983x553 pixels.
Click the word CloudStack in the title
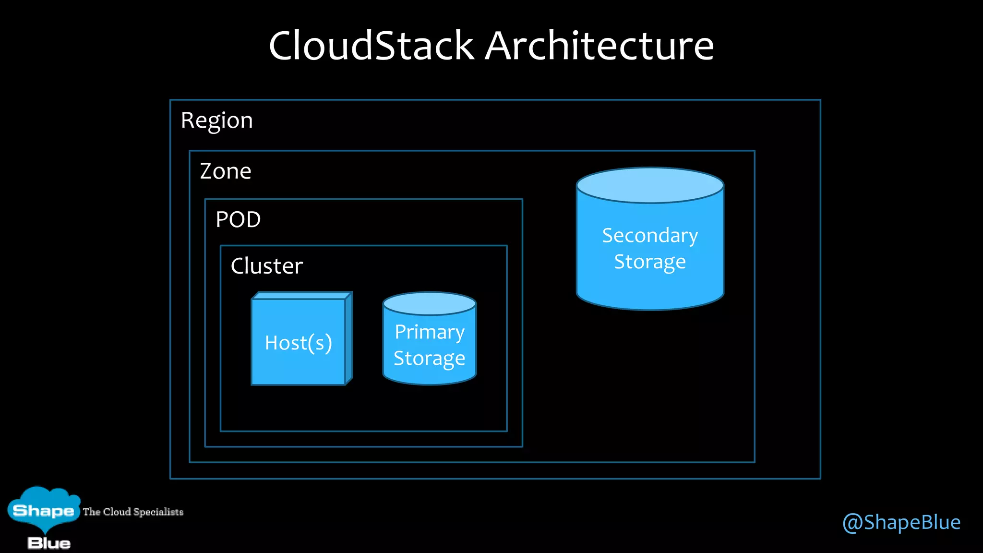(371, 46)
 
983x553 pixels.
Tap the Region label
(216, 120)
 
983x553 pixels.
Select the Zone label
(225, 171)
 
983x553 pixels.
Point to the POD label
(238, 220)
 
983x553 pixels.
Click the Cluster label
(266, 266)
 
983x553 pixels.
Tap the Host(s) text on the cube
(298, 343)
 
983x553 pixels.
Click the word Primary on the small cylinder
(429, 332)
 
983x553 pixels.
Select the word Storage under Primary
(429, 359)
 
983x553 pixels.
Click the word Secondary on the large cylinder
(650, 236)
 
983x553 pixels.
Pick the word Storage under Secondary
(650, 262)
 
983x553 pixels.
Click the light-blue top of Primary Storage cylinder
(429, 304)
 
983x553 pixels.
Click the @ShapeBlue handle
(901, 522)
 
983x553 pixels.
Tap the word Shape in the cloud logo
(43, 510)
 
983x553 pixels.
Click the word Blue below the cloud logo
(48, 543)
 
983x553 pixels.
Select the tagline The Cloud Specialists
(133, 512)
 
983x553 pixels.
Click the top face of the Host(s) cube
(301, 296)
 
